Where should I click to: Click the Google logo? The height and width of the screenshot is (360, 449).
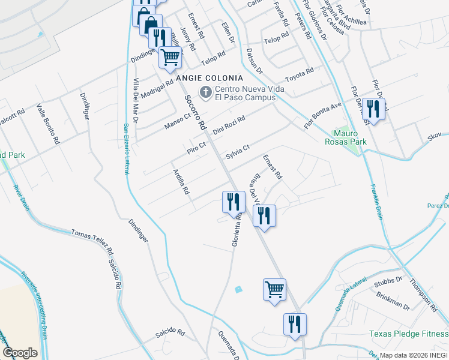tap(20, 353)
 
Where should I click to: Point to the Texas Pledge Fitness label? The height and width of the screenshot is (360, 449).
tap(408, 334)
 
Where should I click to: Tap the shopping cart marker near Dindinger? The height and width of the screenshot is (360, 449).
tap(170, 58)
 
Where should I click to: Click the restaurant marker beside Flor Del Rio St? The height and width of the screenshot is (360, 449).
tap(374, 109)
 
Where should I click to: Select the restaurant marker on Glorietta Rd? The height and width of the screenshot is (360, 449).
tap(233, 202)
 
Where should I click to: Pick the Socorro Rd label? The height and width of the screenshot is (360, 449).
tap(195, 113)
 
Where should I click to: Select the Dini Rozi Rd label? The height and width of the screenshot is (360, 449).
tap(229, 125)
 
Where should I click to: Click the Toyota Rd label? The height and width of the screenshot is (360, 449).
tap(300, 75)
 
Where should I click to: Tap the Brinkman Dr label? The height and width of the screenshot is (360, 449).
tap(393, 300)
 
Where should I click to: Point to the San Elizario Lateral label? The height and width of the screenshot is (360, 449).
tap(127, 148)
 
